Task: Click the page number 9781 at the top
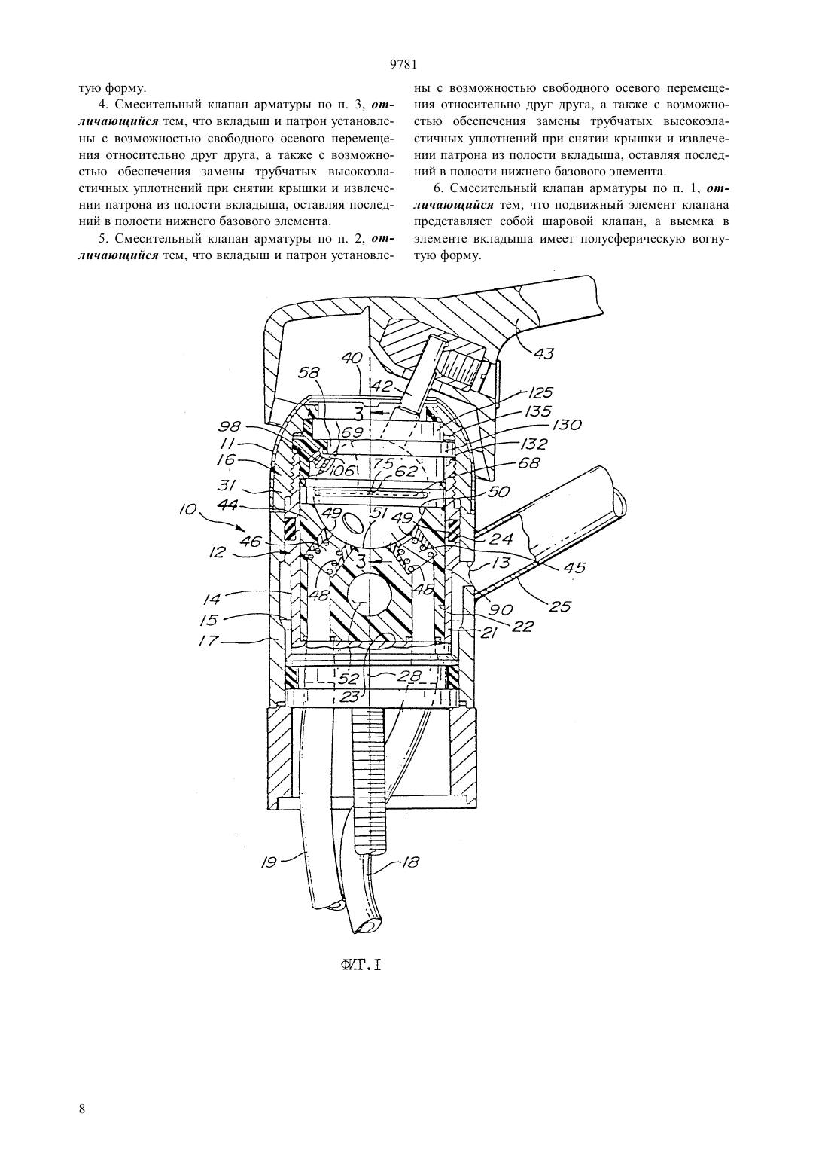click(403, 64)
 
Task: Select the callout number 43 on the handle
click(544, 354)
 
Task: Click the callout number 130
click(566, 424)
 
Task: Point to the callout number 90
click(501, 610)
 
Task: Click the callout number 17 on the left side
click(209, 641)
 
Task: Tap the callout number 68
click(529, 463)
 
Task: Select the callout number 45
click(574, 567)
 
